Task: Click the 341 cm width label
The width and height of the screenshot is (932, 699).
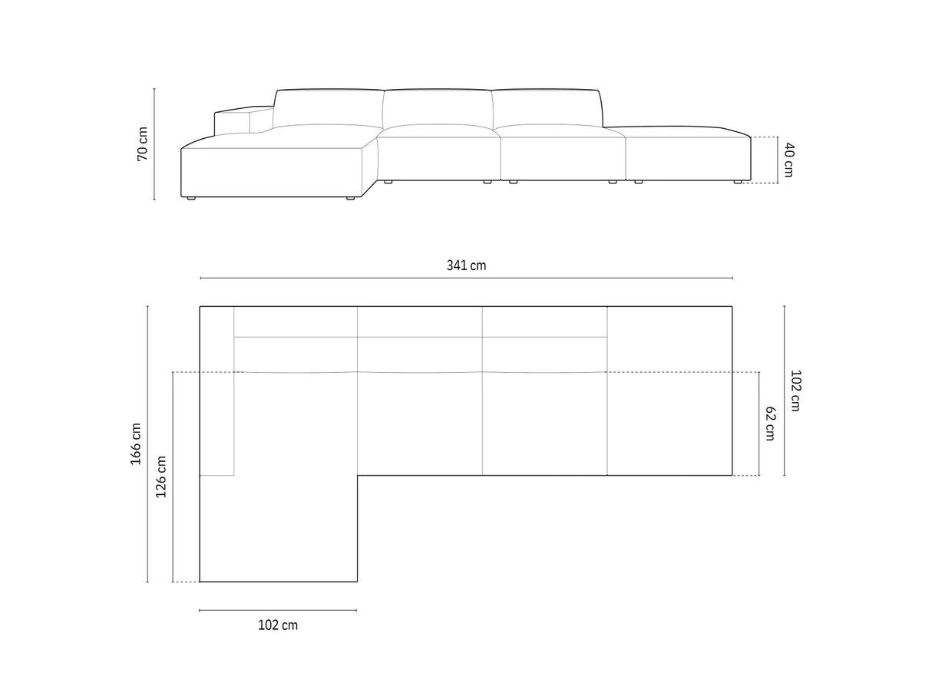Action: click(x=466, y=265)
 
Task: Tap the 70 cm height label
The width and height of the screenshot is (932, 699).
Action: click(x=142, y=143)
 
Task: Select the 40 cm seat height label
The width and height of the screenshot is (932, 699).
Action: click(x=788, y=160)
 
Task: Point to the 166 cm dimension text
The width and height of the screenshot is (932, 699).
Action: click(x=136, y=443)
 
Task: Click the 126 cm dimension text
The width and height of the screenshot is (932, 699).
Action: click(x=161, y=476)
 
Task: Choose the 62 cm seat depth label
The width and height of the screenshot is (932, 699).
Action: click(x=770, y=424)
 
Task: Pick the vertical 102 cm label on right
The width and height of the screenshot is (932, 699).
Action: click(x=795, y=391)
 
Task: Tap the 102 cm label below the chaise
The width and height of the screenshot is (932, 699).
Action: click(x=277, y=625)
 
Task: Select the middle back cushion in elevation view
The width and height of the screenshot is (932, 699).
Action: click(x=438, y=107)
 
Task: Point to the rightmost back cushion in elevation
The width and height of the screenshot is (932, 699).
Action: click(x=545, y=107)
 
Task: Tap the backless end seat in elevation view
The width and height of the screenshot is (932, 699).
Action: click(x=687, y=157)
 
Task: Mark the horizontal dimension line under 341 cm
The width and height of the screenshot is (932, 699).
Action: click(x=466, y=279)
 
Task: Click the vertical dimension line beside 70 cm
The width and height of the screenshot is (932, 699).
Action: click(x=154, y=143)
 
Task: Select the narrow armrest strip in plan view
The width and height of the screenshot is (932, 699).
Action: click(x=216, y=391)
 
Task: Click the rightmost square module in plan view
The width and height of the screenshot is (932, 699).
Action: click(x=669, y=391)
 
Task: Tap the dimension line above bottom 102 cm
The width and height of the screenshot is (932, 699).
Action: click(x=277, y=610)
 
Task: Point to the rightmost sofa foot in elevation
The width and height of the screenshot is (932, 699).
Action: click(x=737, y=183)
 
